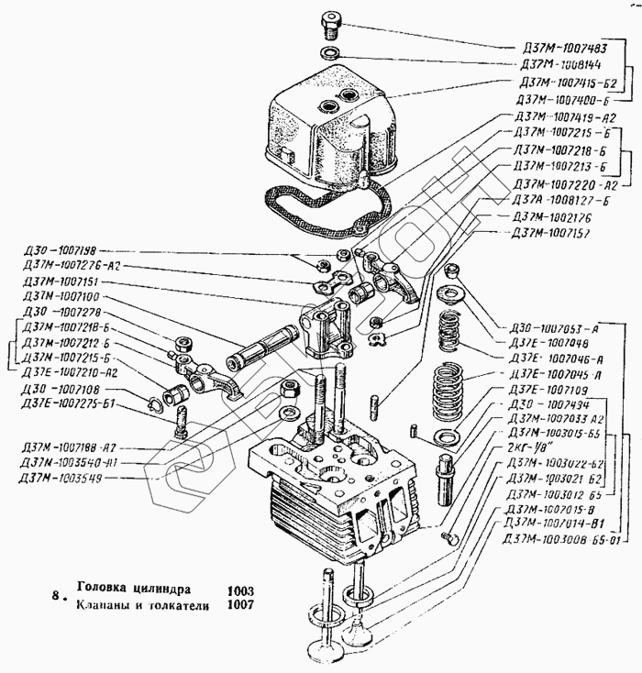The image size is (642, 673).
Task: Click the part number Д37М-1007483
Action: [559, 46]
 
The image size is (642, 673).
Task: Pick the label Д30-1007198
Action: [62, 249]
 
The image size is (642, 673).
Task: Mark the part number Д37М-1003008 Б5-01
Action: [560, 538]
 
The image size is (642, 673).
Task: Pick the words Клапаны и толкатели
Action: [143, 606]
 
